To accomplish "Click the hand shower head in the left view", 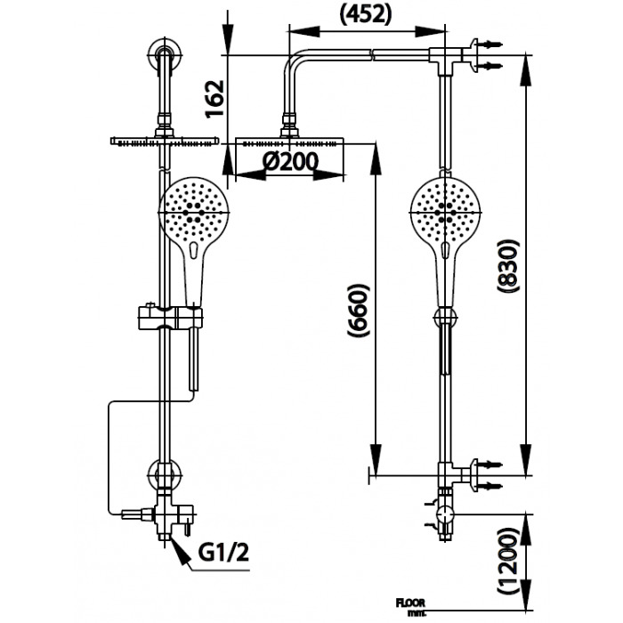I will coord(193,211).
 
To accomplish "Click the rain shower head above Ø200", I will coord(290,142).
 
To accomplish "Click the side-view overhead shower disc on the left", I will coord(166,140).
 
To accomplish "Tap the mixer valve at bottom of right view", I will coord(444,515).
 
